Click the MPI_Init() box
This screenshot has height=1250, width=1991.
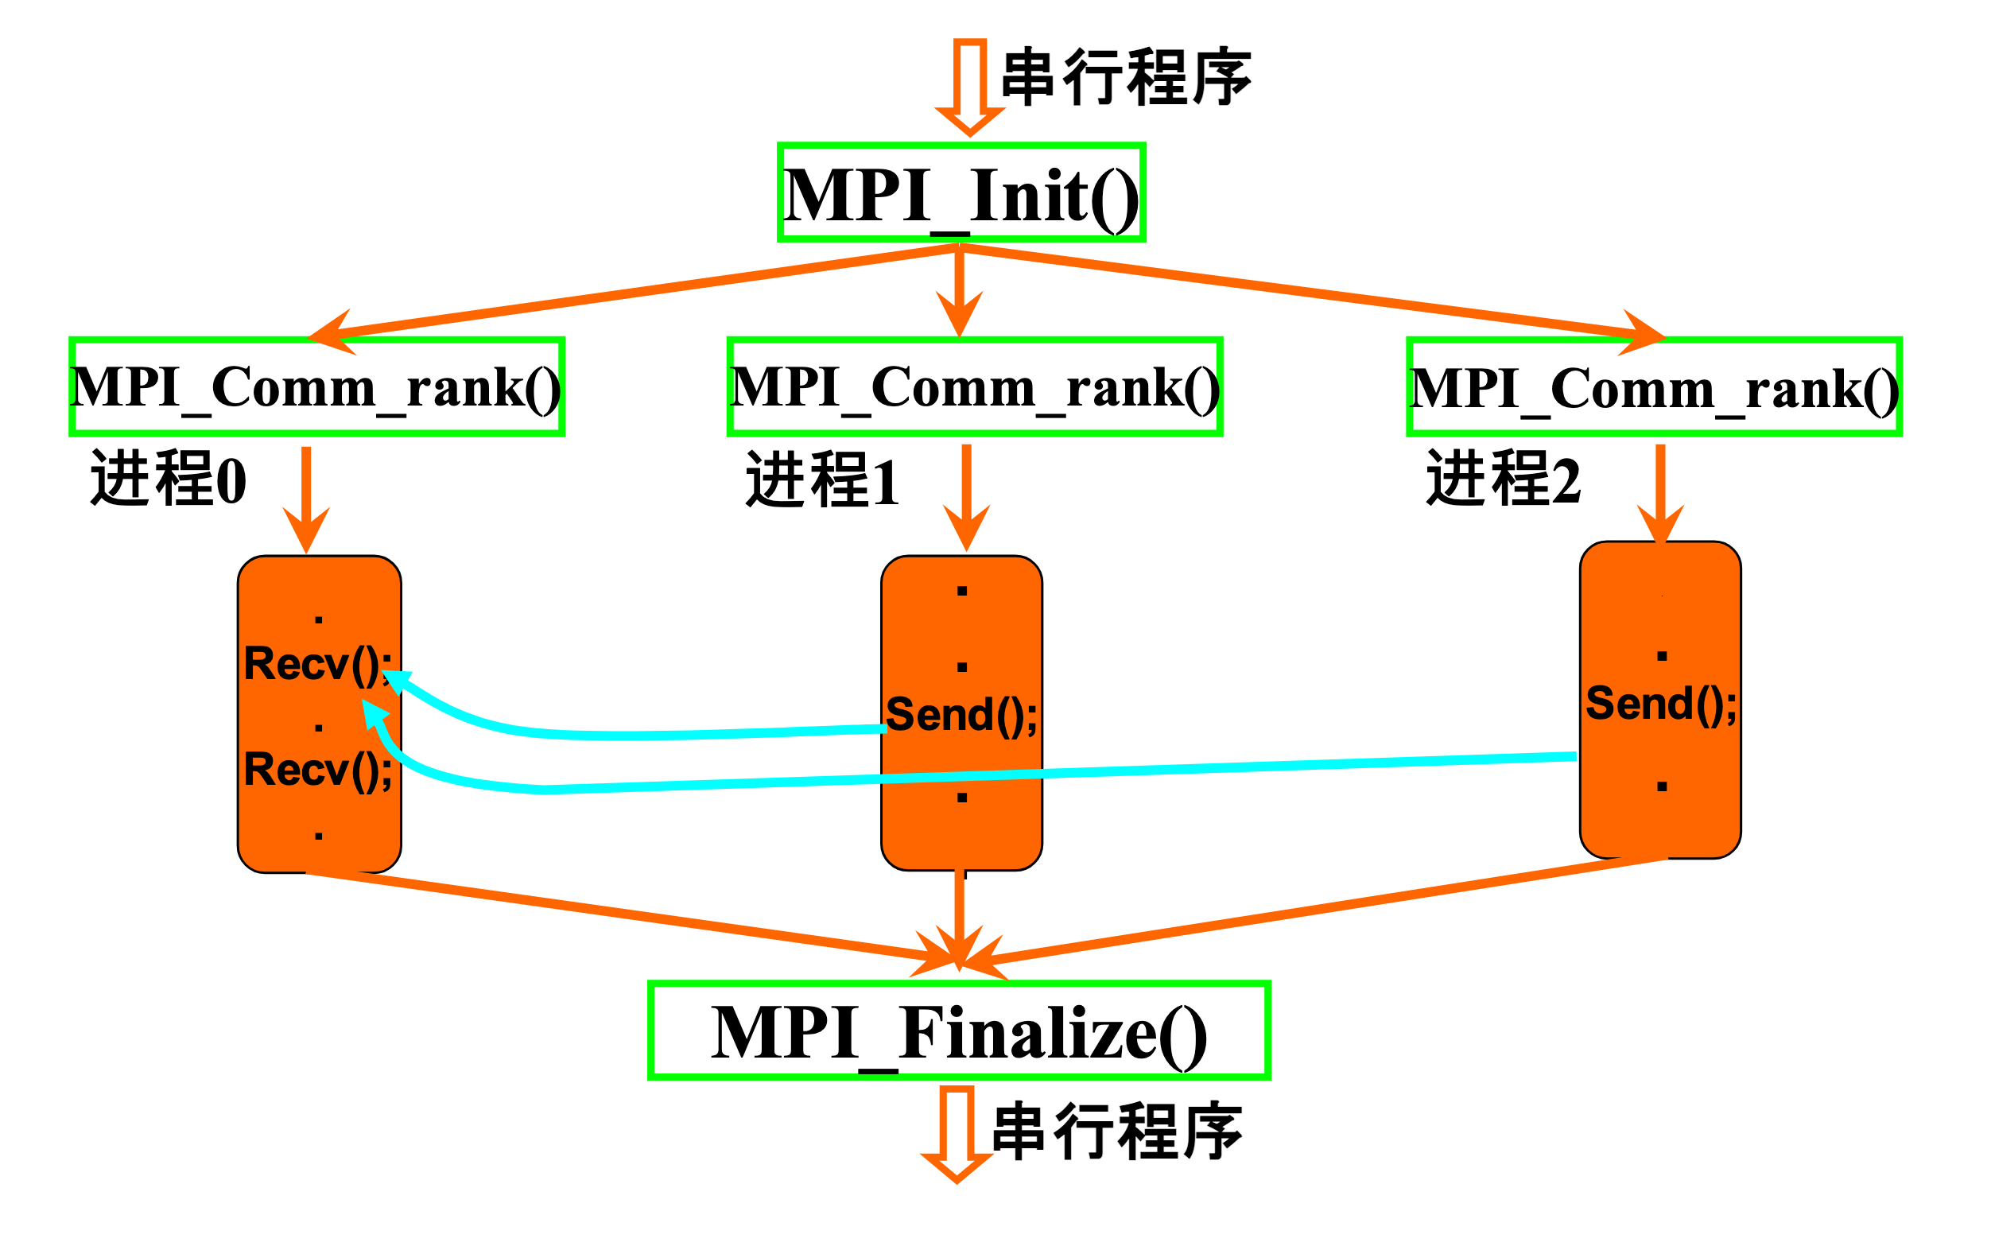[961, 192]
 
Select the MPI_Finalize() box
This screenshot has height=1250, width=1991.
[959, 1030]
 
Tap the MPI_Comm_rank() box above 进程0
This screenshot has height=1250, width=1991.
[316, 386]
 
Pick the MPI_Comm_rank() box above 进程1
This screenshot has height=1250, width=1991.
[974, 386]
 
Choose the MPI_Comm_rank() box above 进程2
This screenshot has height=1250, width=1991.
[1654, 386]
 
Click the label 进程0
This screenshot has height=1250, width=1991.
[169, 479]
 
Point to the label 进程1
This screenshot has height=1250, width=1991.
[822, 479]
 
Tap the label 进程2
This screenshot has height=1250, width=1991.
[1504, 479]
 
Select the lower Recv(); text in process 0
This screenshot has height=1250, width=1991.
[317, 770]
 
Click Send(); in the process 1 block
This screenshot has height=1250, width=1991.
[961, 714]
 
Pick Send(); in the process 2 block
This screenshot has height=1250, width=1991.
[1660, 704]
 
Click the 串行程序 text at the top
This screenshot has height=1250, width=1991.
[1126, 77]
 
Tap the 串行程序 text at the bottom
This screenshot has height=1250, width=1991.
[1116, 1131]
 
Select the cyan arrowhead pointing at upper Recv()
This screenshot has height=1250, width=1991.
[395, 681]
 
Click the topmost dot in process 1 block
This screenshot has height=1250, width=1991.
[962, 591]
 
